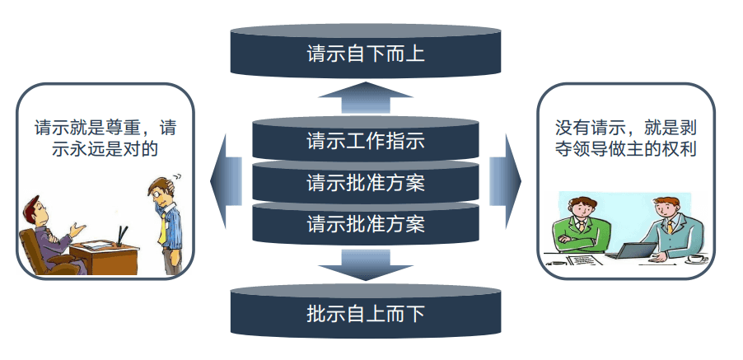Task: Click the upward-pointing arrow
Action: (366, 98)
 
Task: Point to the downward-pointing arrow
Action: (366, 265)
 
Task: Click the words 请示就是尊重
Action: (90, 129)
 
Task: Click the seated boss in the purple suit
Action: (44, 229)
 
